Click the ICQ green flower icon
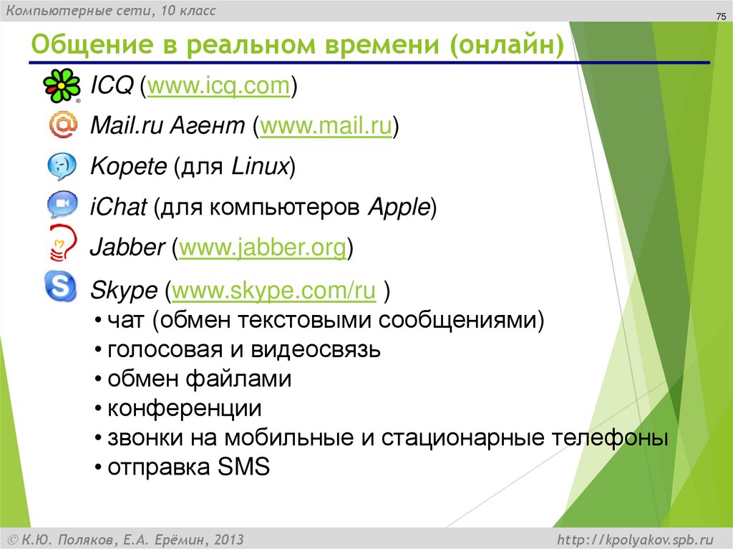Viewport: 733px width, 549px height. tap(62, 86)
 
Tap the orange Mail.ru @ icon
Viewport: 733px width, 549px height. tap(62, 126)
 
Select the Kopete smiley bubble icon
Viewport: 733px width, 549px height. tap(62, 167)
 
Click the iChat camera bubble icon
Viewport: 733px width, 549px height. tap(62, 206)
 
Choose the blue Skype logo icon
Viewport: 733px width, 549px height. tap(60, 286)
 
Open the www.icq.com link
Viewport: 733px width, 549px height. tap(218, 86)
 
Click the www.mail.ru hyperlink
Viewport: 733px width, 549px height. tap(326, 127)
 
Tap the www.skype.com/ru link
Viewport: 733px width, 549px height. tap(274, 291)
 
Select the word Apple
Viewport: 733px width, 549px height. tap(398, 208)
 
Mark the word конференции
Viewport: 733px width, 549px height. tap(184, 409)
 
